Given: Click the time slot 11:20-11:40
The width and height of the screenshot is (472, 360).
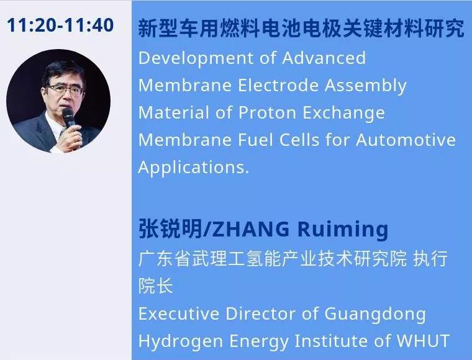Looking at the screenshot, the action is click(x=60, y=25).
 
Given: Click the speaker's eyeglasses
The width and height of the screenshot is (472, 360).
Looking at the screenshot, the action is click(x=65, y=89).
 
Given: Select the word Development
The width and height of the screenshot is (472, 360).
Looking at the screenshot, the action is click(x=196, y=58).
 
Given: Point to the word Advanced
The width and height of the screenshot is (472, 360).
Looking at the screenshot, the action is click(x=324, y=58).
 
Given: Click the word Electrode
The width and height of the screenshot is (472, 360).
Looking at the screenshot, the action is click(x=278, y=85).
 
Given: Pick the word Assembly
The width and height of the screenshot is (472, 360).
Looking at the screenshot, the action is click(x=365, y=86).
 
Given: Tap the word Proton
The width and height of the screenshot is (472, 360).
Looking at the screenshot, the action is click(x=267, y=113).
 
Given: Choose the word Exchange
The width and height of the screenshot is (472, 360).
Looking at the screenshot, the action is click(x=344, y=114).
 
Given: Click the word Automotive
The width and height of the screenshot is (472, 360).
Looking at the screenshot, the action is click(x=406, y=140).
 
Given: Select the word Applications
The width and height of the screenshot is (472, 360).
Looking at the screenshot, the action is click(x=194, y=168).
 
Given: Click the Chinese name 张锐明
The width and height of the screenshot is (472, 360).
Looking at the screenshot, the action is click(x=170, y=229).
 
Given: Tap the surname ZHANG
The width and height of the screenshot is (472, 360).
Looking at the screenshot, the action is click(x=251, y=230).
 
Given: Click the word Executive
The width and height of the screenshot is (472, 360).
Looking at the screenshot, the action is click(x=178, y=313).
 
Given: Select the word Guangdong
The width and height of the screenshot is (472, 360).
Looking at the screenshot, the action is click(x=375, y=315).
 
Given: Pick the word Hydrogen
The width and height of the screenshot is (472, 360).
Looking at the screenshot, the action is click(x=181, y=341).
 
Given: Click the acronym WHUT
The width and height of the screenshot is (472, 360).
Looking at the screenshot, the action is click(x=423, y=341).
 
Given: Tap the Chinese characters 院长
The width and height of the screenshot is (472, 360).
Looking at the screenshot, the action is click(x=156, y=286).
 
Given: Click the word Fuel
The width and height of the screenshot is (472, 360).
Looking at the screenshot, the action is click(x=256, y=140).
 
